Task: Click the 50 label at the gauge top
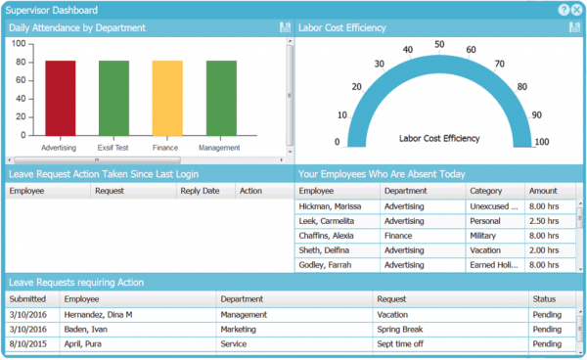click(439, 44)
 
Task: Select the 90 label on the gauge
click(537, 113)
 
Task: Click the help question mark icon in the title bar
click(564, 9)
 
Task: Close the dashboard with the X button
click(576, 9)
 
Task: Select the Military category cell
click(486, 236)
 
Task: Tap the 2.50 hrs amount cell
click(544, 222)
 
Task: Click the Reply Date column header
click(200, 192)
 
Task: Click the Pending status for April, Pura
click(547, 344)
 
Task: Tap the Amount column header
click(543, 192)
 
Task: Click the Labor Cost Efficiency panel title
click(342, 28)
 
